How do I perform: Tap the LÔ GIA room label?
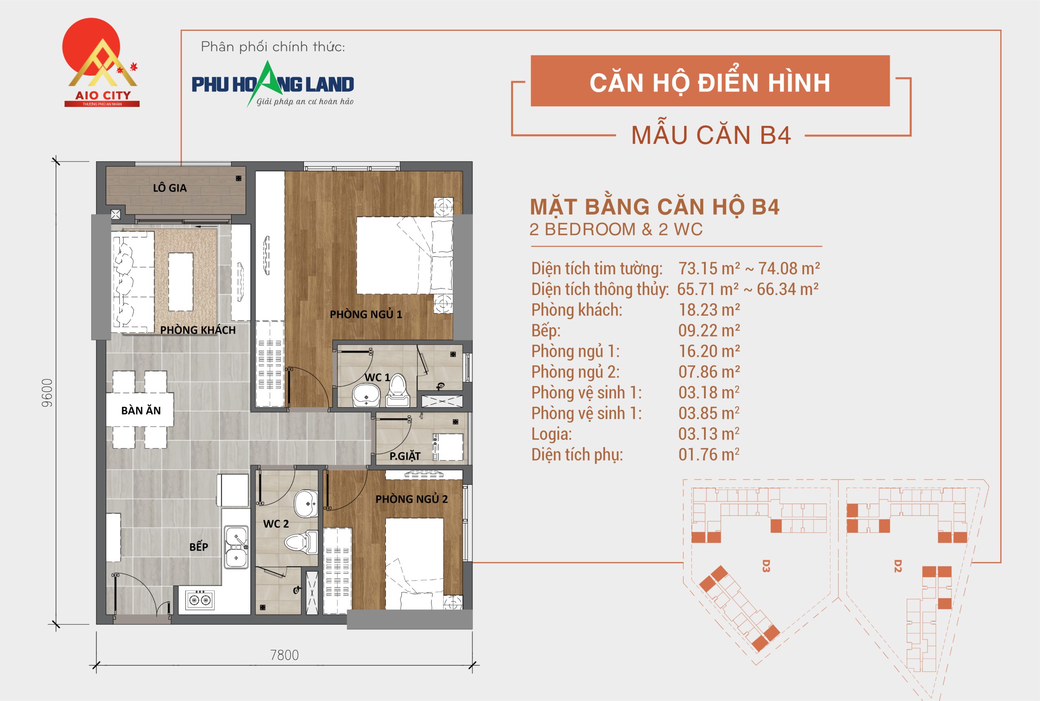coord(170,188)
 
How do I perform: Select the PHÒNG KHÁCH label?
coord(198,330)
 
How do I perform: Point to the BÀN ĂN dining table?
coord(140,410)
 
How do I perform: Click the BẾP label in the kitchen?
coord(198,547)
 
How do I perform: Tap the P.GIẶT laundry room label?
coord(405,456)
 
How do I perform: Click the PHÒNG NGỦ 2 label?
coord(411,499)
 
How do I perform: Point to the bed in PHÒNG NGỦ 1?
coord(402,255)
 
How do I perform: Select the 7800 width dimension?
coord(284,655)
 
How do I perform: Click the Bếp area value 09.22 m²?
coord(709,331)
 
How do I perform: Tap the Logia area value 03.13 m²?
coord(709,434)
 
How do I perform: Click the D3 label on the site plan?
coord(766,566)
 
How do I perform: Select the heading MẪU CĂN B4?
coord(711,135)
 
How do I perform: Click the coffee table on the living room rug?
coord(180,282)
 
